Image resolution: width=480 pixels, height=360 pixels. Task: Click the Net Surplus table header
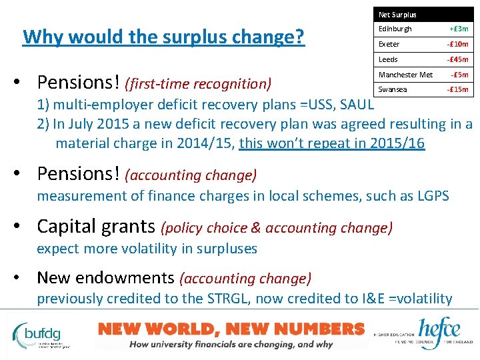click(397, 15)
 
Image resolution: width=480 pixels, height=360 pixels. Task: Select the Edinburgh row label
click(395, 29)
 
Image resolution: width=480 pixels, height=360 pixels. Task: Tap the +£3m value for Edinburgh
click(459, 29)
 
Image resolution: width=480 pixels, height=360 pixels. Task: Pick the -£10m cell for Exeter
click(457, 45)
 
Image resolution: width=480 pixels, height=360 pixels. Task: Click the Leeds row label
click(388, 60)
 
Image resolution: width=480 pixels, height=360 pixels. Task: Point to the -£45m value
click(457, 60)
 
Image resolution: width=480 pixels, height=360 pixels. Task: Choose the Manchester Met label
click(405, 75)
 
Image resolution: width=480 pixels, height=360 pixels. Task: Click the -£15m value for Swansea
click(457, 89)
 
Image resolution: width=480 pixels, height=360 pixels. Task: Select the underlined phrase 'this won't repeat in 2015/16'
click(331, 143)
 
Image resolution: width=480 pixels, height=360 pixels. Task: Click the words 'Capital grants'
click(96, 227)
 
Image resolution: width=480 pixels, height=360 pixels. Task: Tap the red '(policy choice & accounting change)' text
click(277, 228)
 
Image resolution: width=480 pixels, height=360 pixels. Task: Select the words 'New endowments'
click(106, 277)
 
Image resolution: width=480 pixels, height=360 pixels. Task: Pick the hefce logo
click(441, 331)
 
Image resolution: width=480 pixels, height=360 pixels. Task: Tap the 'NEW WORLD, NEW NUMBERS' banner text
click(231, 329)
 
